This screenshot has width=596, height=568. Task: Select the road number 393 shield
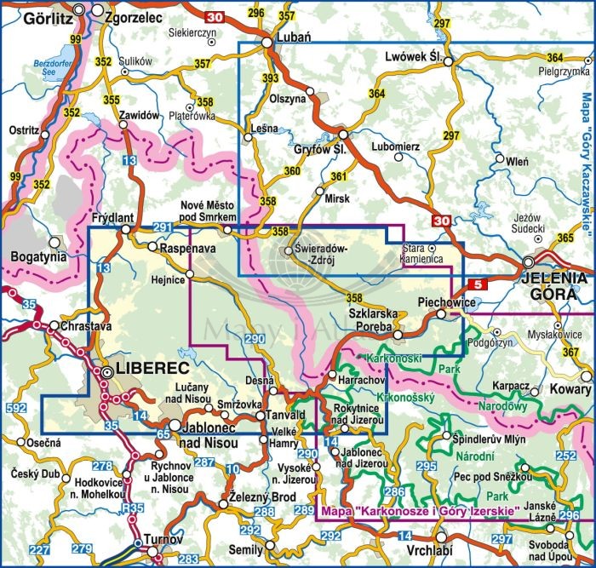click(x=271, y=78)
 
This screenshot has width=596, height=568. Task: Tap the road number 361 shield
click(x=339, y=177)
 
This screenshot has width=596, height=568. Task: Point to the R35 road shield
click(x=132, y=508)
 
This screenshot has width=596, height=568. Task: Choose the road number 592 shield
click(x=14, y=409)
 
